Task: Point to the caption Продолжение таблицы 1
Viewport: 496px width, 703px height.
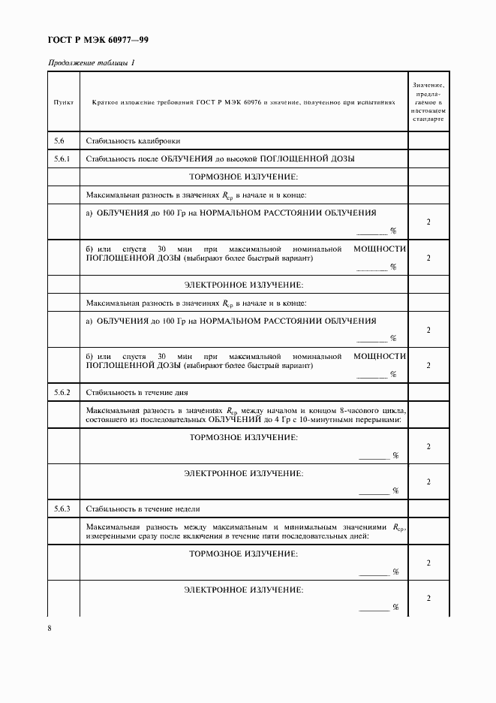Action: click(92, 62)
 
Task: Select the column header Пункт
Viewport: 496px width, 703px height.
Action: click(64, 101)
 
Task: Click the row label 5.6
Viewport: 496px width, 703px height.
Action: click(60, 141)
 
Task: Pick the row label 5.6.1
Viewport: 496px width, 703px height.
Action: click(62, 159)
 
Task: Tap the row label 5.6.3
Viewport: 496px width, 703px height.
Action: click(62, 509)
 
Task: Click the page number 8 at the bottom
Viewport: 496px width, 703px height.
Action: click(50, 628)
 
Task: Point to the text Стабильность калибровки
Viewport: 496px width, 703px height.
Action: click(134, 141)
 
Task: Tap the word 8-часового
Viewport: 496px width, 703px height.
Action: click(359, 411)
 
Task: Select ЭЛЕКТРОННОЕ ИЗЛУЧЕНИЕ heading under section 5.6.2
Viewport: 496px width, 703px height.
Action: click(243, 473)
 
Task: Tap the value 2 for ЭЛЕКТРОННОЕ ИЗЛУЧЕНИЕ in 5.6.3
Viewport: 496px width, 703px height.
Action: click(428, 598)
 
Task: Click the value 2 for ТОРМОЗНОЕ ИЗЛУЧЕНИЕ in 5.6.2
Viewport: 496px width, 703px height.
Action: click(428, 447)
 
